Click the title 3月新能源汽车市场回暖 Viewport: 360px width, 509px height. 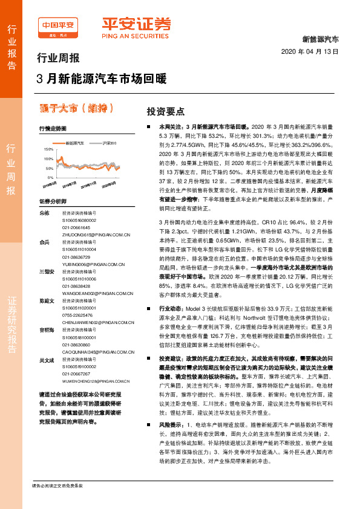pos(101,79)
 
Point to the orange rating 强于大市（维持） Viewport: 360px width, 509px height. pos(76,108)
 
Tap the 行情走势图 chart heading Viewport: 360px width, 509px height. pos(50,129)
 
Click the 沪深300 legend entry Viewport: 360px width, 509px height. pos(108,143)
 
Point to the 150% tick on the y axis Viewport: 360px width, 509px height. pos(48,148)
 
